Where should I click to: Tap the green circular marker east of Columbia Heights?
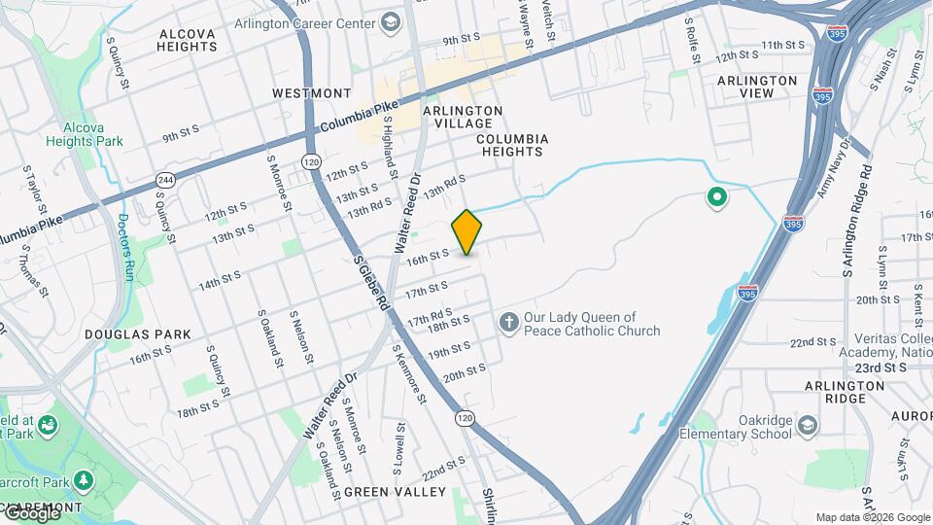[x=717, y=198]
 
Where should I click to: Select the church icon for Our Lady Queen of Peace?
[x=508, y=322]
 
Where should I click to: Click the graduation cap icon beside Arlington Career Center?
[x=390, y=20]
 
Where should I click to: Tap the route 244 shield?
[x=163, y=181]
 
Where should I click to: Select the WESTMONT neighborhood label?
[x=311, y=93]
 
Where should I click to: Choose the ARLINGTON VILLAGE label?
[x=463, y=118]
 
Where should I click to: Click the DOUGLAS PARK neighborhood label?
[x=137, y=334]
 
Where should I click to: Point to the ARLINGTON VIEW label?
[x=757, y=87]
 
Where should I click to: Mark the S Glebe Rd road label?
[x=372, y=283]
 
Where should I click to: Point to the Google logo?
[x=31, y=513]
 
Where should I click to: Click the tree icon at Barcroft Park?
[x=85, y=479]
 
